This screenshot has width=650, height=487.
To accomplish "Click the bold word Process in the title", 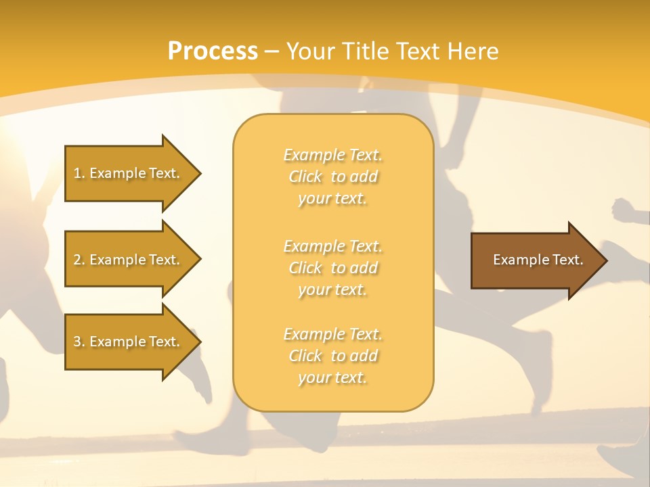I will point(213,51).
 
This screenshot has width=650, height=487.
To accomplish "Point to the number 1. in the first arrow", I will point(79,173).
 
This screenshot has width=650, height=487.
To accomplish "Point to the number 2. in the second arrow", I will point(79,260).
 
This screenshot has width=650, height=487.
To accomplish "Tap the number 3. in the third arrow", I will point(79,342).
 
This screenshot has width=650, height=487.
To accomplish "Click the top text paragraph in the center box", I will point(332,177).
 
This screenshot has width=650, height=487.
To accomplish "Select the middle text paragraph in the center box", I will point(332,268).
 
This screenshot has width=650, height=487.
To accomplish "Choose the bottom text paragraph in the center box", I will point(332,356).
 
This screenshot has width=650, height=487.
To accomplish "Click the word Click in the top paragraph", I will point(305,177).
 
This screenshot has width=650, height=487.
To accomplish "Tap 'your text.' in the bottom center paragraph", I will point(332,378).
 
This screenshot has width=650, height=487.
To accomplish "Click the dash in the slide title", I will point(272,51).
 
